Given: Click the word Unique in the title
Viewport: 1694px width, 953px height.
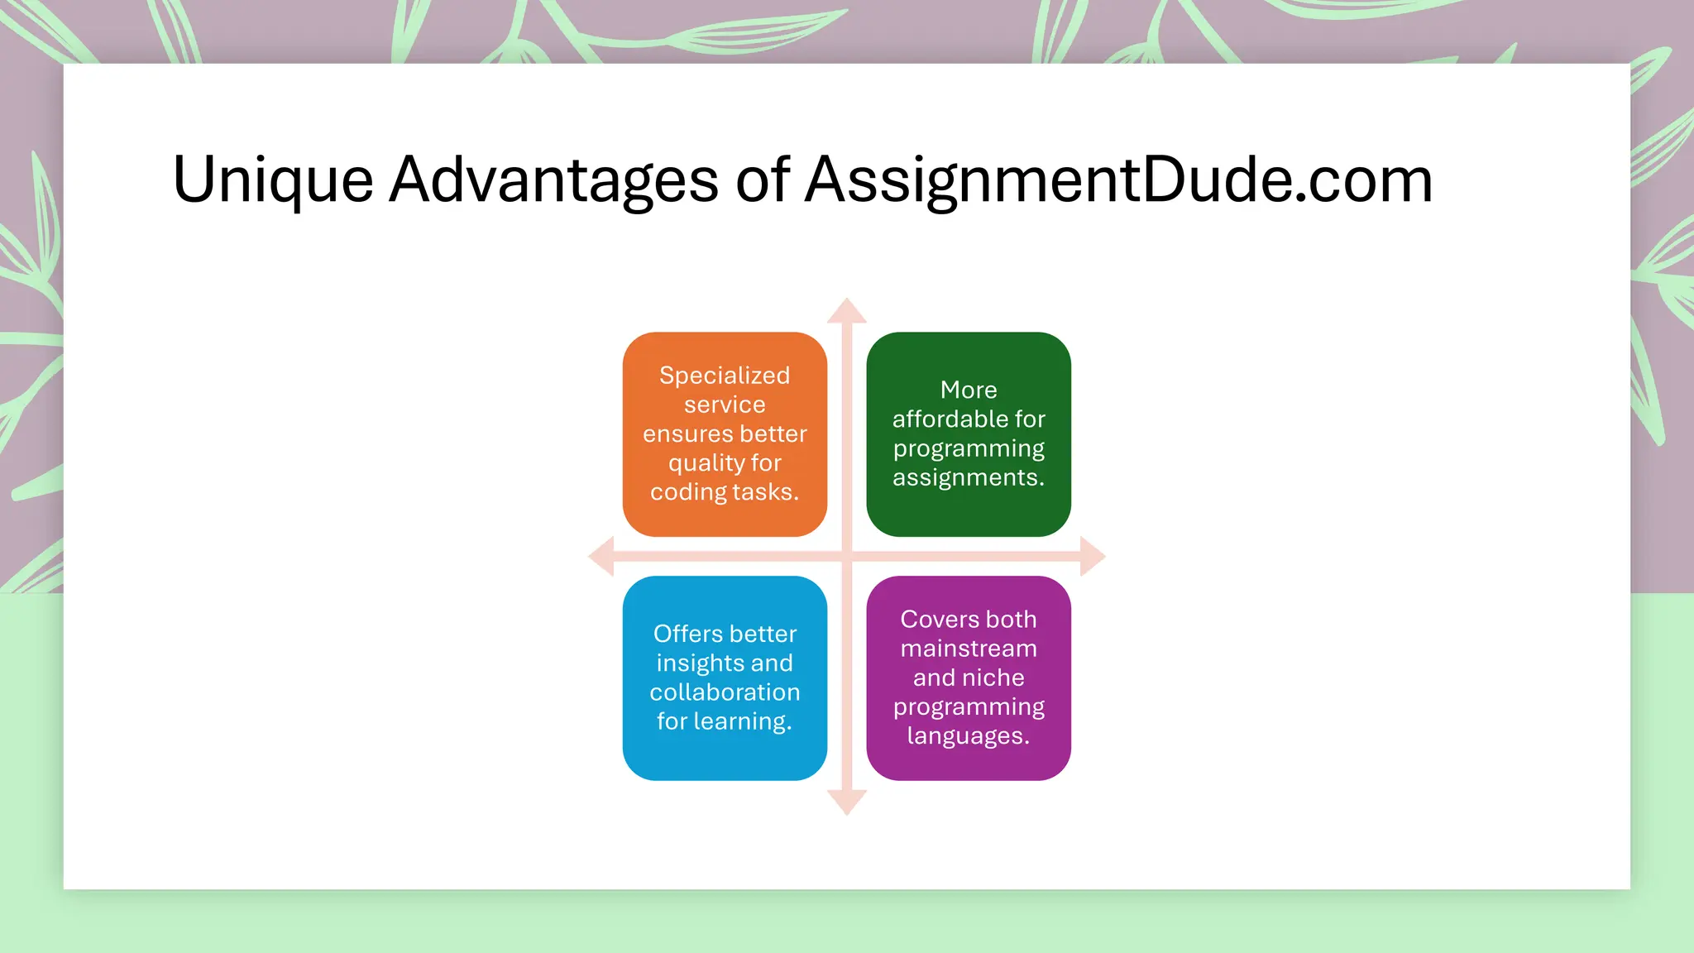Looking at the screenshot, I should (x=273, y=180).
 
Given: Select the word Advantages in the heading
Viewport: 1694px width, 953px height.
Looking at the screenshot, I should (x=553, y=180).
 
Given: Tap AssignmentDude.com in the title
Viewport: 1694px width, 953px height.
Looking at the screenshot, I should (x=1118, y=180).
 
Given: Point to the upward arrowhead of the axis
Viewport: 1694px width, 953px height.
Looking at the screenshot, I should (x=847, y=311).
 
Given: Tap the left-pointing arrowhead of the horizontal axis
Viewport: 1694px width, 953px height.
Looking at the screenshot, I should (x=601, y=556).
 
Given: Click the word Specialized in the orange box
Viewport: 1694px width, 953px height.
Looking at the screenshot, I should (x=725, y=376).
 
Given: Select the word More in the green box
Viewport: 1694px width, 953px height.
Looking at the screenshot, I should (x=969, y=390).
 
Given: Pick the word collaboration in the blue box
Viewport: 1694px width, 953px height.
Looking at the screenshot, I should (x=725, y=692).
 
